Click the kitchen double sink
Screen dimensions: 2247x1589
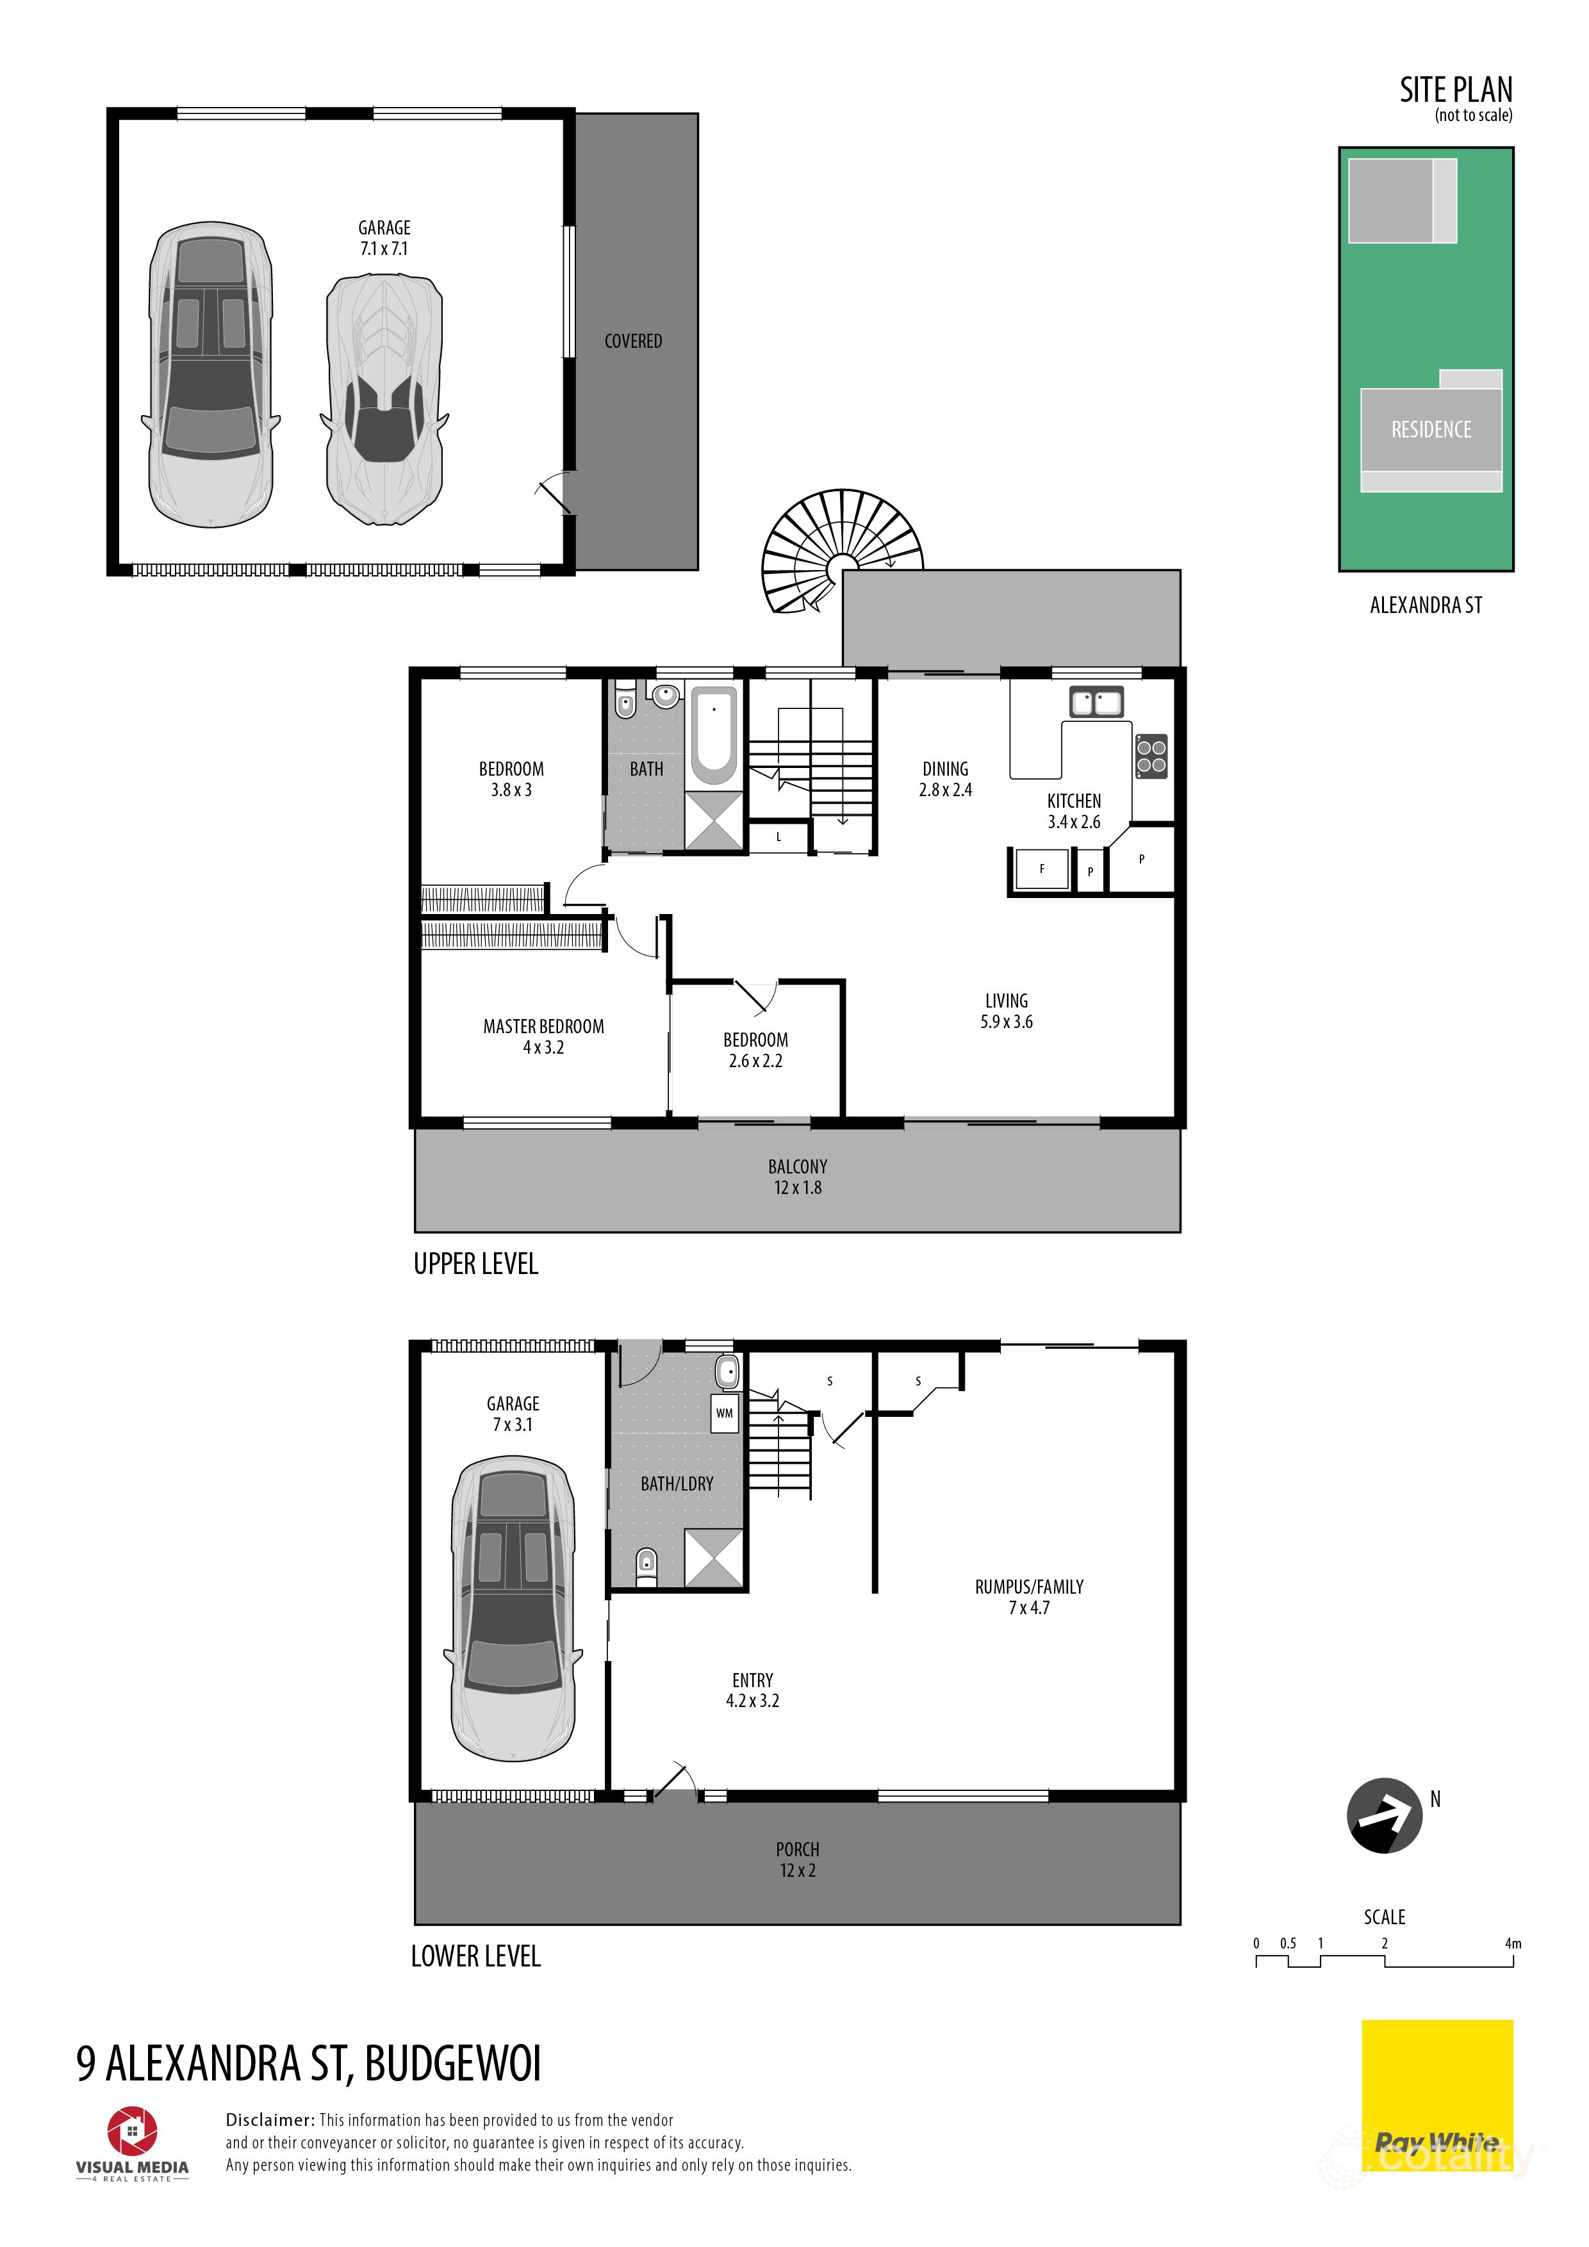point(1096,701)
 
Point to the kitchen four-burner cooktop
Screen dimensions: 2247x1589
point(1151,756)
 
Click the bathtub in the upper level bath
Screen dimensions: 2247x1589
point(714,736)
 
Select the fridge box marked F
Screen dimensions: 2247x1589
point(1042,868)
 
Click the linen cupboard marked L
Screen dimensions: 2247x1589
point(778,837)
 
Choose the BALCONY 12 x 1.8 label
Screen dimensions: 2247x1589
point(797,1177)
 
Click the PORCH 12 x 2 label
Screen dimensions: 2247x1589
point(797,1859)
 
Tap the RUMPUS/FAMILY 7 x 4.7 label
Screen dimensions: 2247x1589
point(1029,1597)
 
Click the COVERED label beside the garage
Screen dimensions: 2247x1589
point(634,341)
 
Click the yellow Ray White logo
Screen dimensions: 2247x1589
point(1437,2095)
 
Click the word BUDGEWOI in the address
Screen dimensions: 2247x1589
point(452,2063)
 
